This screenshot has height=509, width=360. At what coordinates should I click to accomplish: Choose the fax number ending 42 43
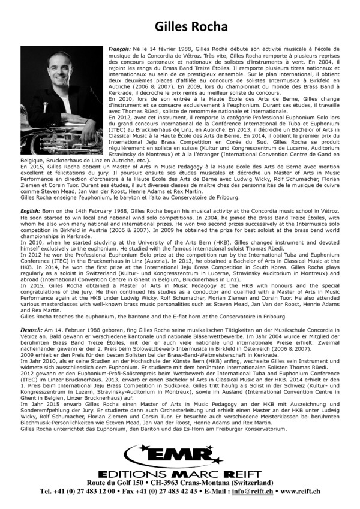click(169, 491)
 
